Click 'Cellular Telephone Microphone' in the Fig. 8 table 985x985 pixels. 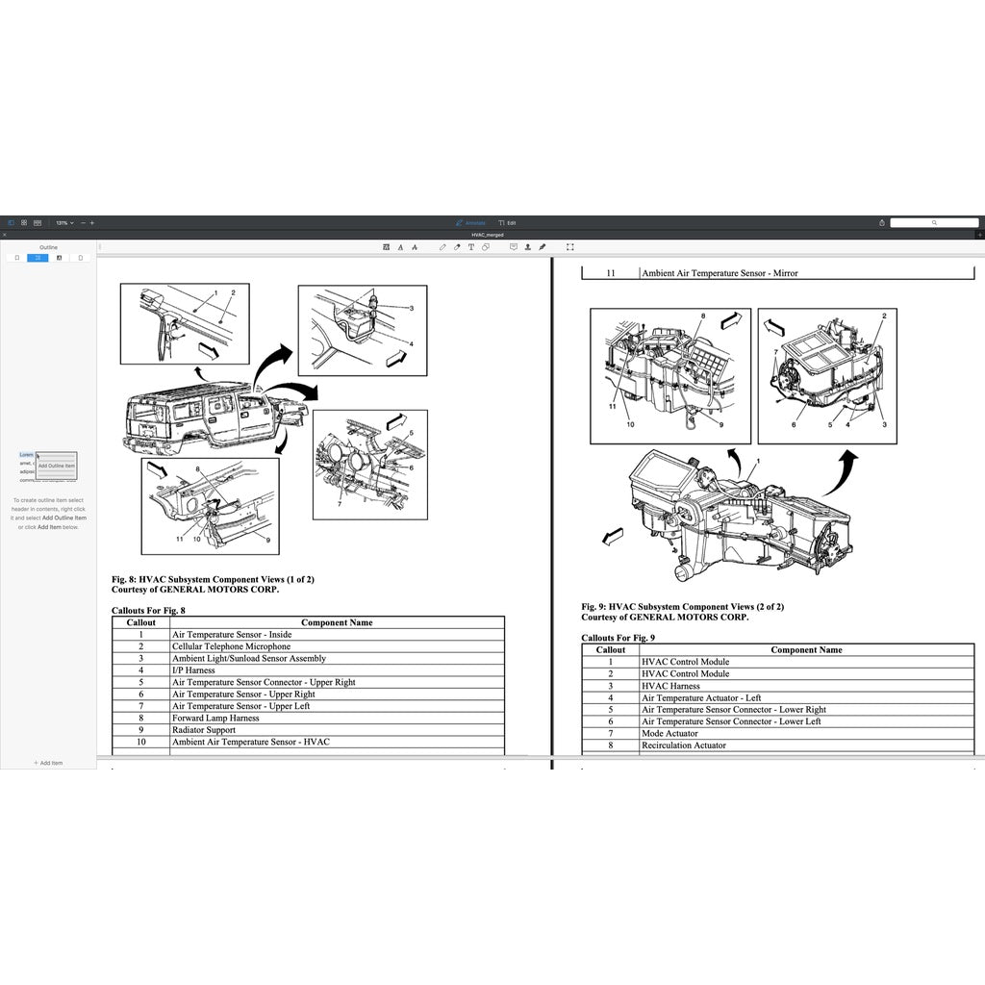pos(231,646)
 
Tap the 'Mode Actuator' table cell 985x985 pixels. pos(669,734)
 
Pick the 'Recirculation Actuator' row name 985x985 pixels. pos(684,745)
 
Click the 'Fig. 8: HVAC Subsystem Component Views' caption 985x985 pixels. pos(213,579)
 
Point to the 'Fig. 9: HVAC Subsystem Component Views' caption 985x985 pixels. pos(682,607)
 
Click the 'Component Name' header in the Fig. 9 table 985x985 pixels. pos(806,650)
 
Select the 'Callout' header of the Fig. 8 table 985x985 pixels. pos(141,622)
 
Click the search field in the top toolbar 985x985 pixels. pos(934,222)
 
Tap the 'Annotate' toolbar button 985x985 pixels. pos(470,222)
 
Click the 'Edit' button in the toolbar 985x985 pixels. pos(507,222)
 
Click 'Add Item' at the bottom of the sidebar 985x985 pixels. pos(48,763)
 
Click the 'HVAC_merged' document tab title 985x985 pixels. pos(487,235)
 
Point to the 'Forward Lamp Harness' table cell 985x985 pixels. pos(215,718)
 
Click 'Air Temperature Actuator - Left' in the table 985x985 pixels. pos(701,697)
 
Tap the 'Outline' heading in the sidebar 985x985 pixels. pos(48,247)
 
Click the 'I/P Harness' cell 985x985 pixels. pos(193,670)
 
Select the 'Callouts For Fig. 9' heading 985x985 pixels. pos(618,638)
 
